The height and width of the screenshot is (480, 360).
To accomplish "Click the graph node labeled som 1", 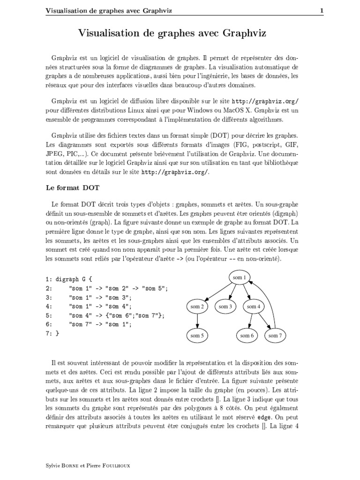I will coord(240,277).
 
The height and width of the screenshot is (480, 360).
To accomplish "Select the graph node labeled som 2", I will coord(197,307).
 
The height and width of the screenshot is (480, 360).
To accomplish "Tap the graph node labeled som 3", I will coord(225,307).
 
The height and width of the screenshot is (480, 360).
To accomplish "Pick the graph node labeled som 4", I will coord(253,307).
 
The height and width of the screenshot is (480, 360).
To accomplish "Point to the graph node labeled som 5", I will coord(197,336).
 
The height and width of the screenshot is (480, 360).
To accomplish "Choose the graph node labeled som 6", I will coord(247,336).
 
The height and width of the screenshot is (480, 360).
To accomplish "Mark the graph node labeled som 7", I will coord(275,336).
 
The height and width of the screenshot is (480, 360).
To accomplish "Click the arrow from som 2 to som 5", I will coord(197,321).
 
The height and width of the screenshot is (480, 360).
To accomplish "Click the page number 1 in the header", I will coord(322,11).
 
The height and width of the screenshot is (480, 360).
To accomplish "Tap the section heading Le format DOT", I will coord(72,187).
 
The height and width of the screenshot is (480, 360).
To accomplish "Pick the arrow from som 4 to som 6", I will coord(250,321).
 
